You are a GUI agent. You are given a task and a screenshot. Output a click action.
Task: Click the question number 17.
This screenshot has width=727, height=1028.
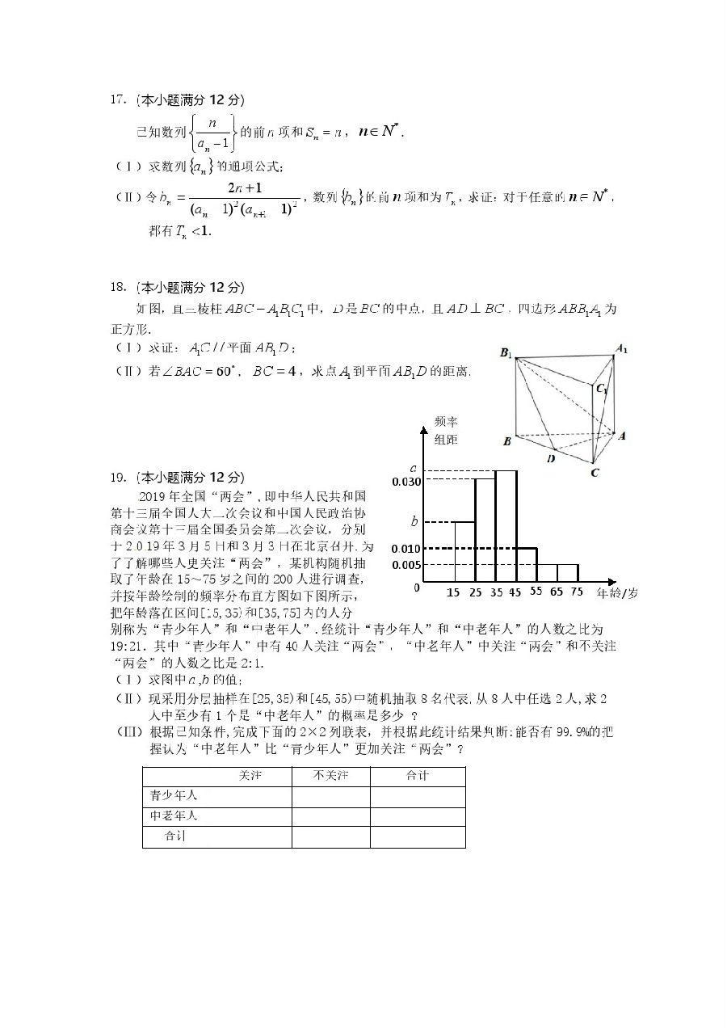(118, 100)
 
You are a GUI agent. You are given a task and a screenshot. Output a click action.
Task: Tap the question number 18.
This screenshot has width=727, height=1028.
(118, 287)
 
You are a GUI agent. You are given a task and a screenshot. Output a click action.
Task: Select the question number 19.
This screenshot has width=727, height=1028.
(118, 476)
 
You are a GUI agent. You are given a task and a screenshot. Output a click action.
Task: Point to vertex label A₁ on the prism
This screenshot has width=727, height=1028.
(621, 349)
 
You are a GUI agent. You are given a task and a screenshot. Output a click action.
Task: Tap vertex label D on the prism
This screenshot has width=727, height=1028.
(551, 458)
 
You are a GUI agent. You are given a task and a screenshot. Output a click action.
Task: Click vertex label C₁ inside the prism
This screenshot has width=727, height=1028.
(602, 389)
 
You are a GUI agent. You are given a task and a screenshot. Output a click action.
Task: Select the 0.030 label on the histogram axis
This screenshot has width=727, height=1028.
(406, 482)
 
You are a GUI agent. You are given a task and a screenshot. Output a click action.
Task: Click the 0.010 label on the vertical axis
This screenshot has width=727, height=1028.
(406, 550)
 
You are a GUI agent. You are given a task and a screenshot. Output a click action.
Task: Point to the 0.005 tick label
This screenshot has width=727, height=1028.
(406, 564)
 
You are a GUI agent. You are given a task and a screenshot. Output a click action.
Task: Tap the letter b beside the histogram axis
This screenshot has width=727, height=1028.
(414, 521)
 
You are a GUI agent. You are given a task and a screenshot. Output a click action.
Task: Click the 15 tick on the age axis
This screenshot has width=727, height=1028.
(453, 592)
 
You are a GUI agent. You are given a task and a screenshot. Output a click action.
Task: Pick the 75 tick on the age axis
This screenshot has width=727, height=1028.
(577, 592)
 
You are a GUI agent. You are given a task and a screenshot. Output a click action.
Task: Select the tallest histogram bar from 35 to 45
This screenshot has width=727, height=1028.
(506, 525)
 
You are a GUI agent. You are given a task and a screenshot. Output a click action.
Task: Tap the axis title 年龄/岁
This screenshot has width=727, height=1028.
(617, 593)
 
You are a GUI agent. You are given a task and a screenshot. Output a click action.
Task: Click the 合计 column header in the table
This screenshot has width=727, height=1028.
(418, 776)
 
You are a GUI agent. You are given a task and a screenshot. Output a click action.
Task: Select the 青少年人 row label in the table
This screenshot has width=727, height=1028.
(174, 796)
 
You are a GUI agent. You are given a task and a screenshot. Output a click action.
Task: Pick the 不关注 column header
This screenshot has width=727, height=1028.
(330, 776)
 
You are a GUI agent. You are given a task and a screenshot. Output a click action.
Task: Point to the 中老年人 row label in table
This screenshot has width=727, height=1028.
(174, 816)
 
